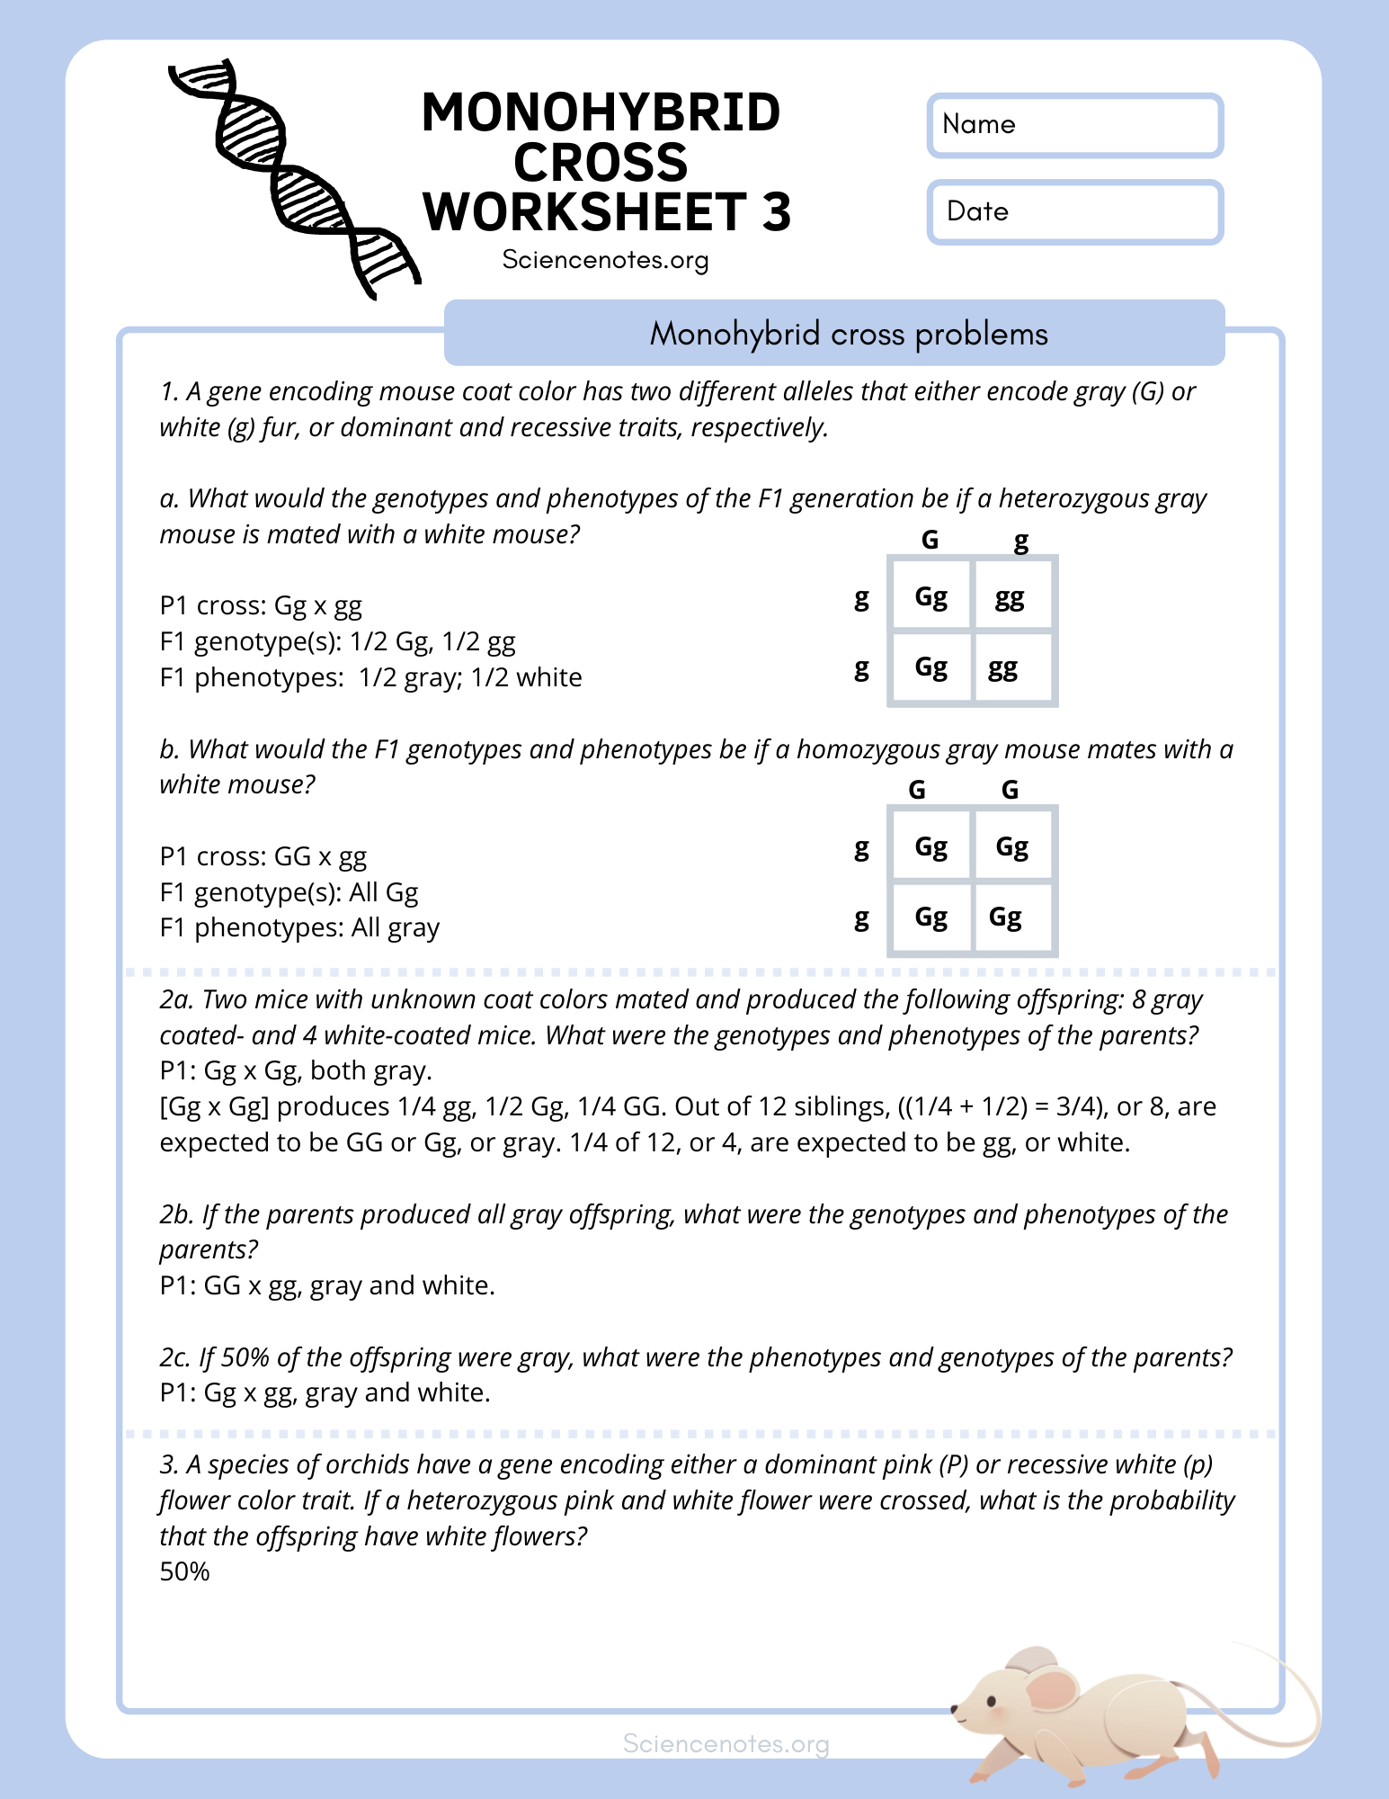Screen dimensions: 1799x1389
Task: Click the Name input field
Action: [1074, 125]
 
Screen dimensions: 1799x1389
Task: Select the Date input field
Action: [1074, 212]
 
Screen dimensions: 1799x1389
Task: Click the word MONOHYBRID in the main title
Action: [601, 112]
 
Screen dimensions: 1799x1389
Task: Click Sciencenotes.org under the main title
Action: [605, 260]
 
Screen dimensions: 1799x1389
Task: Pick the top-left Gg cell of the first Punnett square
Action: [930, 596]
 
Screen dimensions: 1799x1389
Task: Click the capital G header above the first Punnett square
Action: [930, 540]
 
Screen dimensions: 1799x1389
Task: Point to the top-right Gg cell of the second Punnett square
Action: [1011, 846]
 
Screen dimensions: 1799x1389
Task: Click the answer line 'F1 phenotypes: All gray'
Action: [299, 927]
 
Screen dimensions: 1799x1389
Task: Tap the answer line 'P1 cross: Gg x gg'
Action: [261, 605]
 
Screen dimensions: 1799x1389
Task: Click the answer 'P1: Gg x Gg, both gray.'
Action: [296, 1070]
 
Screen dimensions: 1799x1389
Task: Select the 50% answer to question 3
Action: [184, 1571]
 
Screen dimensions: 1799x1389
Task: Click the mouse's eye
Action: [992, 1700]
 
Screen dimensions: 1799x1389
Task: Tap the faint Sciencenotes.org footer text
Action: [726, 1744]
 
